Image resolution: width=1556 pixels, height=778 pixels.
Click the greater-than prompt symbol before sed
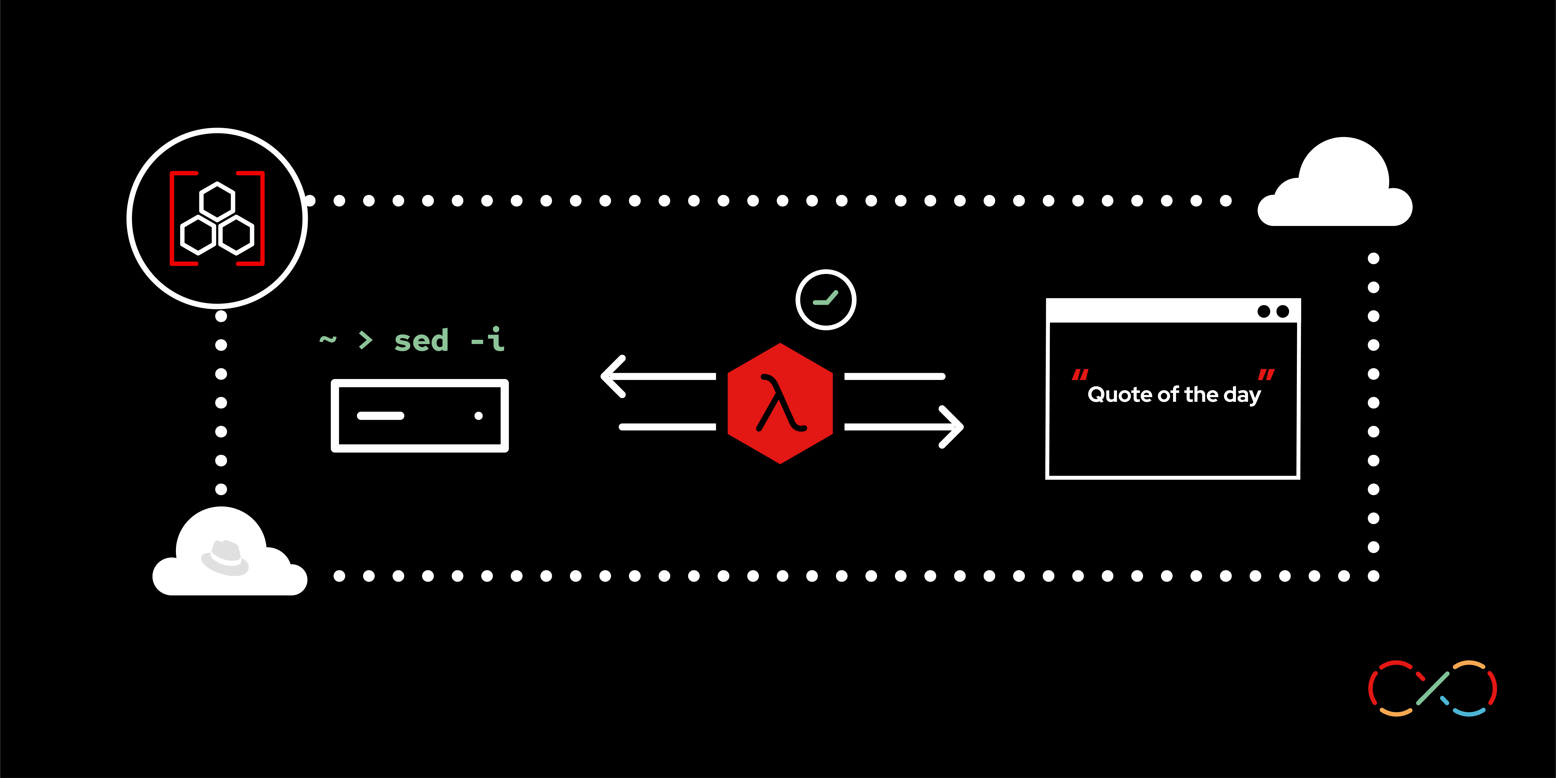(x=366, y=340)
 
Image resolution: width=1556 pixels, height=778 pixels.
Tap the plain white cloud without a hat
(x=1338, y=187)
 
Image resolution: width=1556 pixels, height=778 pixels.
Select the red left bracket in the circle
(x=180, y=218)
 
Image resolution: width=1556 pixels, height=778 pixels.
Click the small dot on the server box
(x=478, y=416)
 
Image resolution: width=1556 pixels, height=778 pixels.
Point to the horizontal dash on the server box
(x=380, y=416)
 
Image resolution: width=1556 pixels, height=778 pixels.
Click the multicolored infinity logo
(x=1432, y=688)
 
